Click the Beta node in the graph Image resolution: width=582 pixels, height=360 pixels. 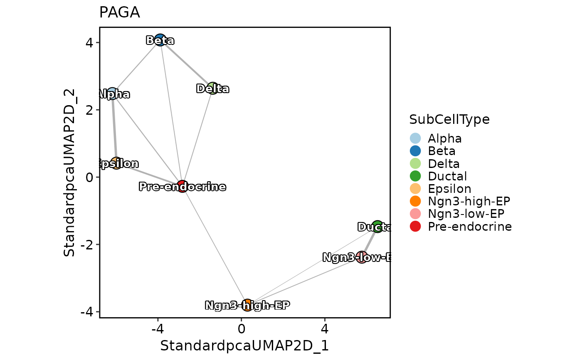tap(160, 40)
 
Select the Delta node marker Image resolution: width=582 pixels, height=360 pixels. tap(212, 89)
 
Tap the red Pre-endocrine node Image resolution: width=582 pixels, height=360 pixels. tap(182, 186)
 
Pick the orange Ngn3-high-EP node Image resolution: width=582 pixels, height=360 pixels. tap(247, 305)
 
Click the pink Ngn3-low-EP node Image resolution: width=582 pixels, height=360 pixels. tap(362, 257)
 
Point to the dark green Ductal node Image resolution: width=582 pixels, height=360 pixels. tap(377, 227)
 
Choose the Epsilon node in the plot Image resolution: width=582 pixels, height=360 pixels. tap(116, 163)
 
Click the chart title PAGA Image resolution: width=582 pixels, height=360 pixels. tap(119, 13)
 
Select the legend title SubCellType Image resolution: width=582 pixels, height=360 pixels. tap(449, 120)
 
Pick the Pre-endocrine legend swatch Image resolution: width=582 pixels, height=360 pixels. tap(415, 227)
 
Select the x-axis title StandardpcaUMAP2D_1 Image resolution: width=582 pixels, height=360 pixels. tap(244, 346)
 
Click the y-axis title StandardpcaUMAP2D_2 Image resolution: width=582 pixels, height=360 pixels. tap(69, 173)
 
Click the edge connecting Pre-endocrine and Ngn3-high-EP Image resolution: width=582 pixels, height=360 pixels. tap(215, 246)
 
